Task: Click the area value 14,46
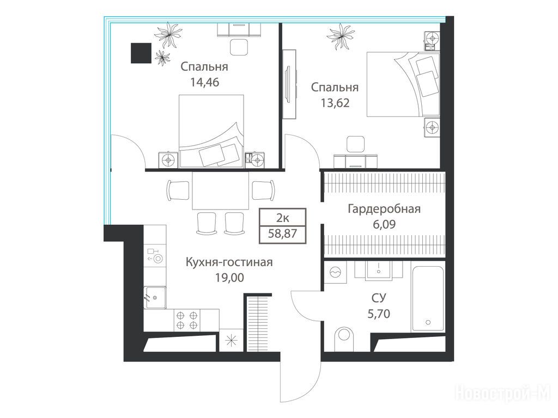click(205, 83)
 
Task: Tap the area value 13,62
click(335, 103)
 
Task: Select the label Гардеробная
click(384, 209)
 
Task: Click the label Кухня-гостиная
click(229, 262)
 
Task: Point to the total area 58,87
click(283, 234)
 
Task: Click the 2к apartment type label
click(283, 217)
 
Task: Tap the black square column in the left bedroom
click(141, 53)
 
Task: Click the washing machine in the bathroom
click(335, 272)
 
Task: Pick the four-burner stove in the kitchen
click(187, 320)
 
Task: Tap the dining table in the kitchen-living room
click(221, 190)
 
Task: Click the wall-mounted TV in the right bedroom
click(289, 84)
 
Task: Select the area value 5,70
click(379, 314)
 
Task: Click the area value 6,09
click(384, 225)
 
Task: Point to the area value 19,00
click(229, 277)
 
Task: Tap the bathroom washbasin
click(379, 270)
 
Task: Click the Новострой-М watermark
click(503, 394)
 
